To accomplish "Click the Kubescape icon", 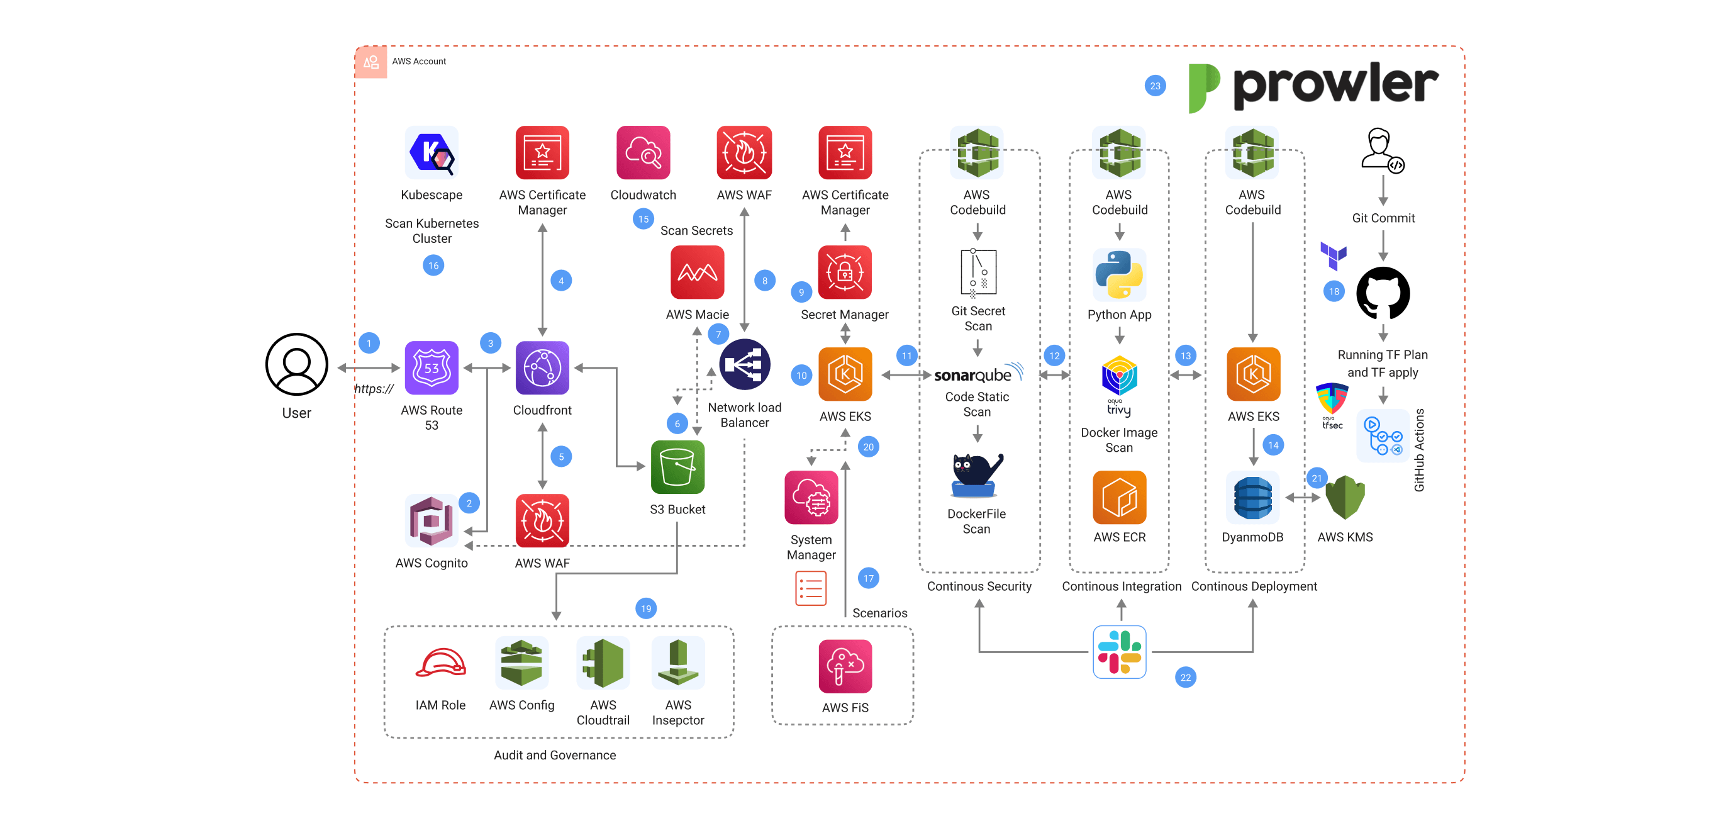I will pos(432,153).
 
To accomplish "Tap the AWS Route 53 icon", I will pos(432,367).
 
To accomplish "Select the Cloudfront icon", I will pos(542,367).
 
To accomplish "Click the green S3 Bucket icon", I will pos(677,467).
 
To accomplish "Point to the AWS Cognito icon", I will pos(432,520).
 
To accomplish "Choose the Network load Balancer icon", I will pos(744,365).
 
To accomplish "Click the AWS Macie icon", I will pos(697,272).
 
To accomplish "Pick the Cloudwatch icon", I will pos(643,153).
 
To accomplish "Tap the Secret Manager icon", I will pos(845,272).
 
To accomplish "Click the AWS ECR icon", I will pos(1119,498).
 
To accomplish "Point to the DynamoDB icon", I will pos(1252,498).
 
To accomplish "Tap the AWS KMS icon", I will pos(1344,498).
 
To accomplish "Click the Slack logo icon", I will pos(1119,652).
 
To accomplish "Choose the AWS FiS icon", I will pos(845,666).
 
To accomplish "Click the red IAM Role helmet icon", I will pos(440,663).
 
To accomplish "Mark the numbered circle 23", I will pos(1155,86).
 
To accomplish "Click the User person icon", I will pos(297,365).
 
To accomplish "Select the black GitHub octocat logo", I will pos(1383,293).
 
